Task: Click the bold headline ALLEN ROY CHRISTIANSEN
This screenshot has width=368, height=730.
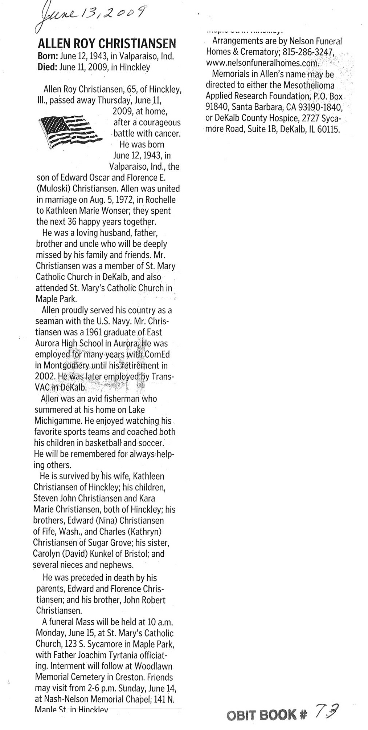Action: tap(107, 44)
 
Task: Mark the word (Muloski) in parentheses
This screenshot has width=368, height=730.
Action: tap(53, 189)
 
